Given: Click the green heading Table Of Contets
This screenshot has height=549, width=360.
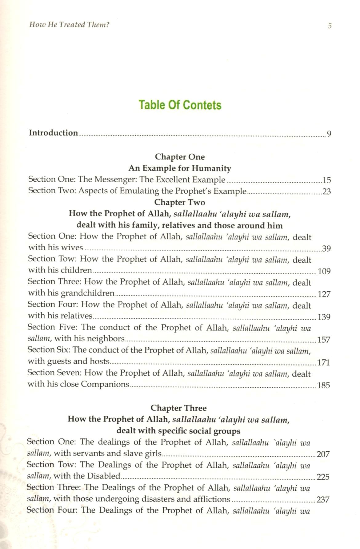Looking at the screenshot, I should point(180,105).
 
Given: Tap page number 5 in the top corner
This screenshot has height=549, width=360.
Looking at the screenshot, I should point(330,26).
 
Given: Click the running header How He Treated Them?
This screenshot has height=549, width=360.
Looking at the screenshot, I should point(69,25).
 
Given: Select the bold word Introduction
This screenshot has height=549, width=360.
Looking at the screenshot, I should point(53,133).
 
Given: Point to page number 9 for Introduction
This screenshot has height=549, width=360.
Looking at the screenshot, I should point(329,134).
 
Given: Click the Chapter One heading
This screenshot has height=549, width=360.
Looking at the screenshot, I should point(180,157).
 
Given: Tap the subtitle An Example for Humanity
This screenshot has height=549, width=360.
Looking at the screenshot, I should point(180,168).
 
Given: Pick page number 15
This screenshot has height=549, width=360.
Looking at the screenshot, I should point(326,180).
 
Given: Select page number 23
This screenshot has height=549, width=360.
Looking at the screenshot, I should point(326,192).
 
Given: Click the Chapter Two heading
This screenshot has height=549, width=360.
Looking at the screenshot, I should point(179,202).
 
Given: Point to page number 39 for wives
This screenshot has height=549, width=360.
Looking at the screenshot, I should point(326,248).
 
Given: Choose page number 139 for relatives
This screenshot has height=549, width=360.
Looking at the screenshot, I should point(324,317).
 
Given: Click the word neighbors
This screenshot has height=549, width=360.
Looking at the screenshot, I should point(106,339).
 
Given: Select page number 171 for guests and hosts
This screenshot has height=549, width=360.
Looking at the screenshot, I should point(323,362).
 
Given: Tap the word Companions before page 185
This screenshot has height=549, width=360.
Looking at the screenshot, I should point(105,384).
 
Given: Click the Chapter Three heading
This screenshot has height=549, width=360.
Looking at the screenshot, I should point(178,408).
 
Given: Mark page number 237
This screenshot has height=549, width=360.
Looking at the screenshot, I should point(323,499).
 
